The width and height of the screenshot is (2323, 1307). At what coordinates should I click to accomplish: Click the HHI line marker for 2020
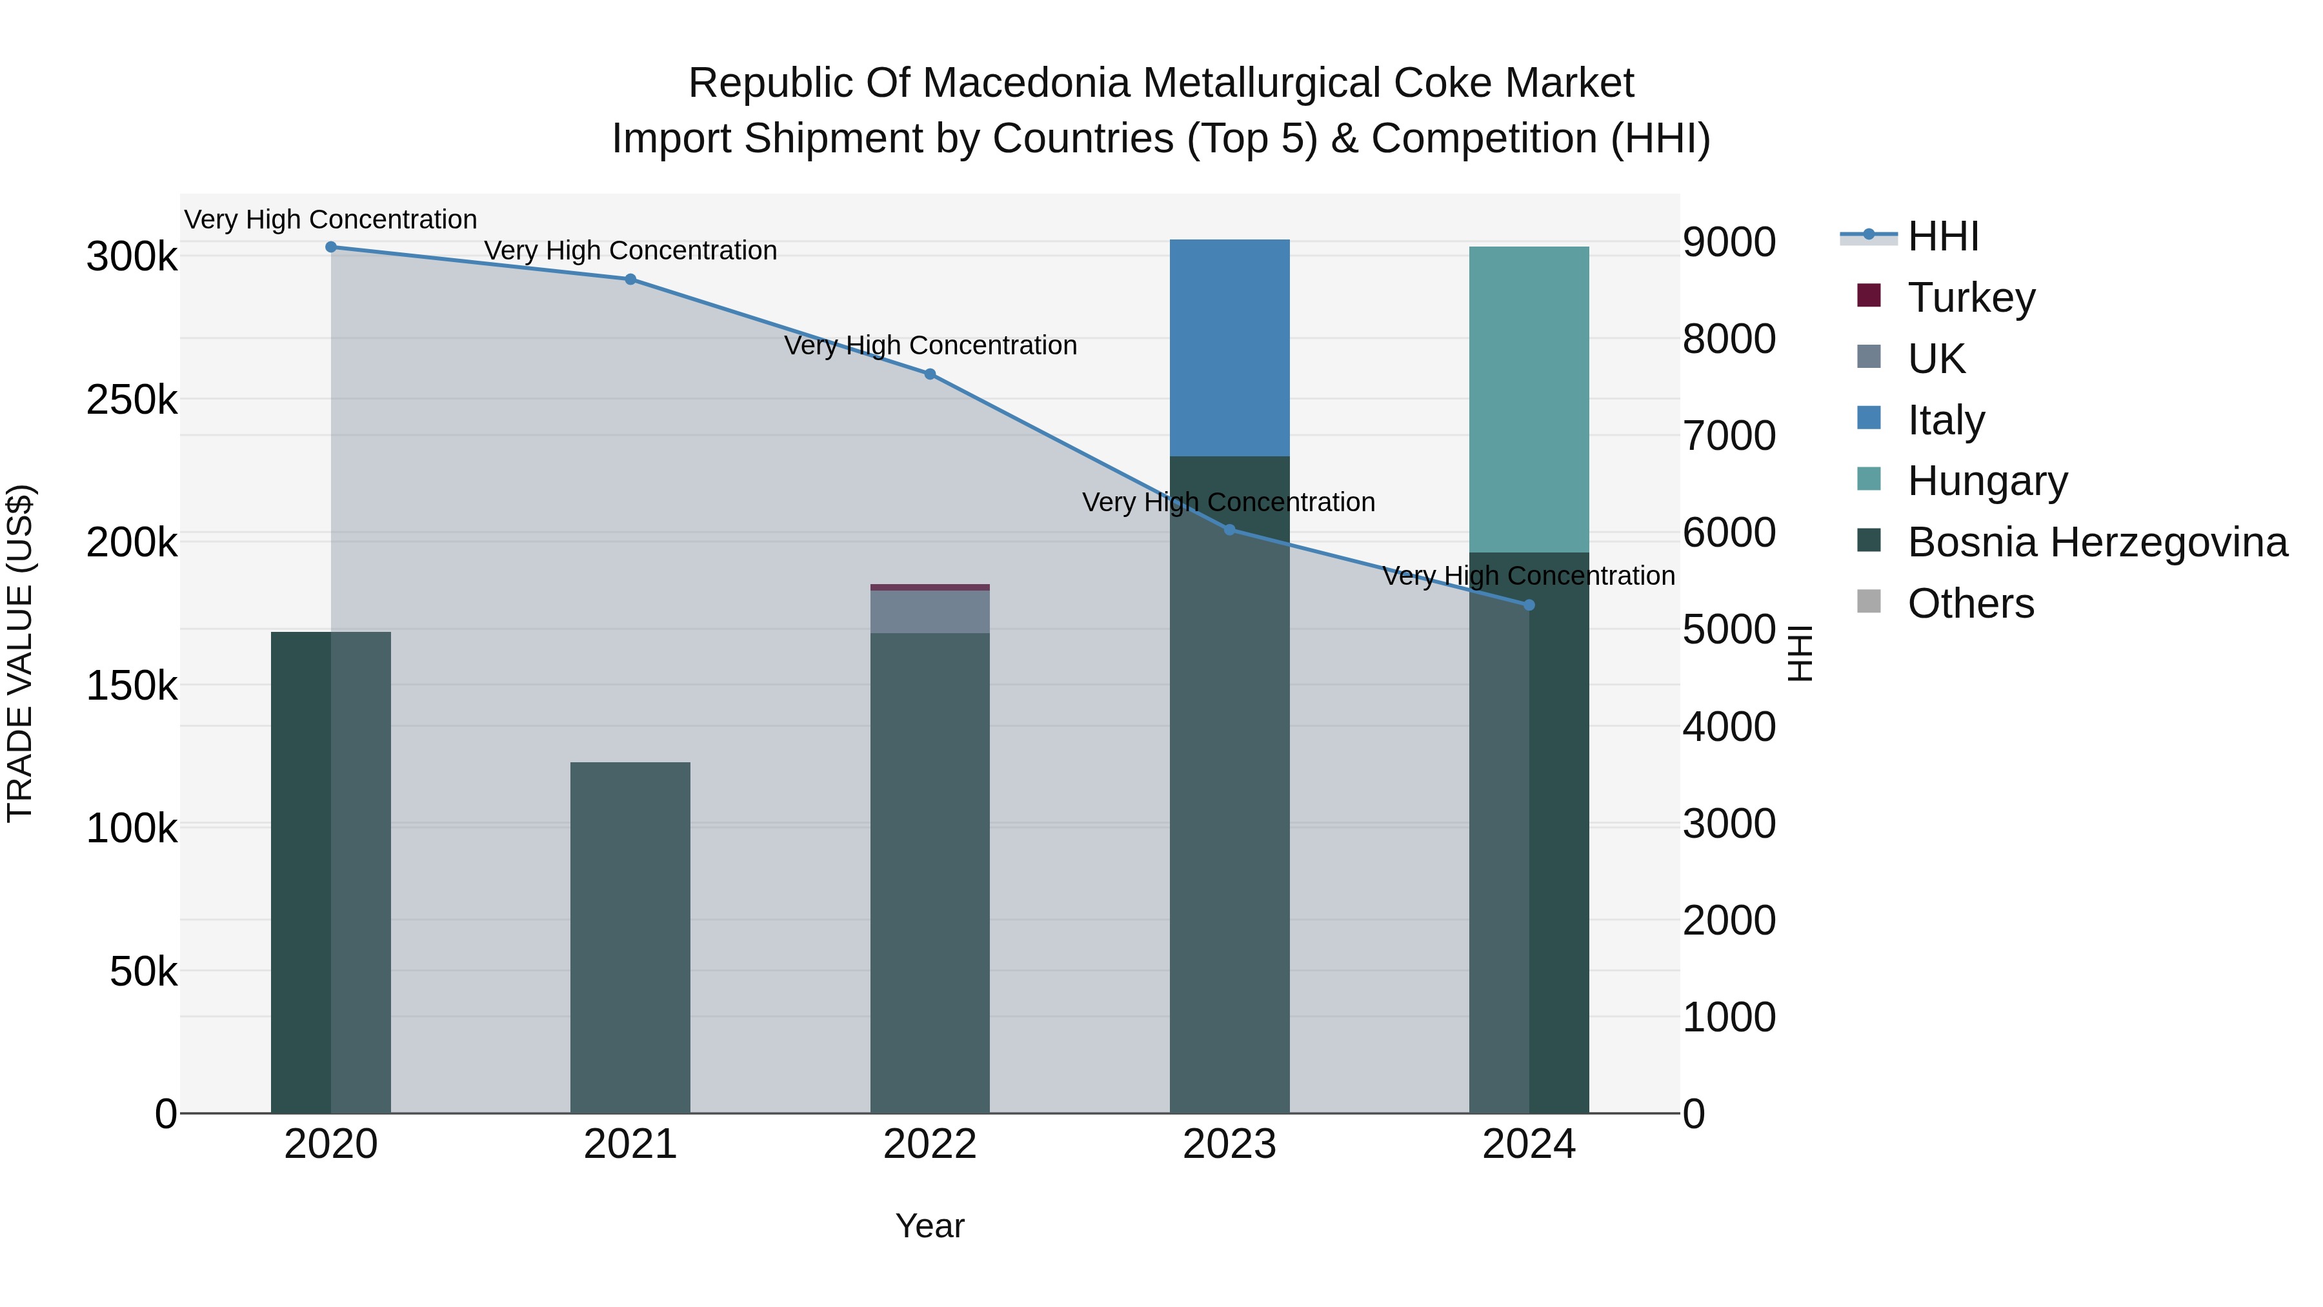click(331, 247)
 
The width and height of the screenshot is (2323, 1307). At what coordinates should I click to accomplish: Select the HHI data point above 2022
click(930, 374)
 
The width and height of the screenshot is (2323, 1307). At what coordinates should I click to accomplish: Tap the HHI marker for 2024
click(1529, 605)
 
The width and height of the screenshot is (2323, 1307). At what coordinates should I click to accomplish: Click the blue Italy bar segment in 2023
click(1229, 347)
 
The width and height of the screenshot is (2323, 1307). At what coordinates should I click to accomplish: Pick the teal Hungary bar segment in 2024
click(1529, 399)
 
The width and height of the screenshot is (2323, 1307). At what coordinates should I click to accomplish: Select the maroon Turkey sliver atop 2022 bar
click(930, 587)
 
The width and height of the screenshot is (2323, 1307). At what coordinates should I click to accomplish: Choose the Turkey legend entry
click(1971, 298)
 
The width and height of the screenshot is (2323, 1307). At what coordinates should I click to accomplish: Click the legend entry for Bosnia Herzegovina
click(2097, 543)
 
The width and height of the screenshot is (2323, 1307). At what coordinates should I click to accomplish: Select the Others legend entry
click(1971, 603)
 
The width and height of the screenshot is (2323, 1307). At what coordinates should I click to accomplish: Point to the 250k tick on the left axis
click(132, 400)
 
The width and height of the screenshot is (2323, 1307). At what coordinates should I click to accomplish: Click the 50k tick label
click(143, 971)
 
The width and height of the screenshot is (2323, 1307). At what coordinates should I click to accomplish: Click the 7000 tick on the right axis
click(1729, 436)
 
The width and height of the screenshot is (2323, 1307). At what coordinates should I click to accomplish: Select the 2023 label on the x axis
click(1229, 1144)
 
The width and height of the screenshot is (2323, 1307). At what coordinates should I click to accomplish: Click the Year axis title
click(930, 1226)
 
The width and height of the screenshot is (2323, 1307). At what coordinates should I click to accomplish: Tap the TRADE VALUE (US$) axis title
click(20, 653)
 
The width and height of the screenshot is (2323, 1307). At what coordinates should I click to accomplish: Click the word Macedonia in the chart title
click(1026, 83)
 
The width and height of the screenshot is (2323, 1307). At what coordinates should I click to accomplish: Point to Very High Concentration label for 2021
click(630, 251)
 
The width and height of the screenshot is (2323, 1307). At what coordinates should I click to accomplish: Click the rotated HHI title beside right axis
click(1799, 653)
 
